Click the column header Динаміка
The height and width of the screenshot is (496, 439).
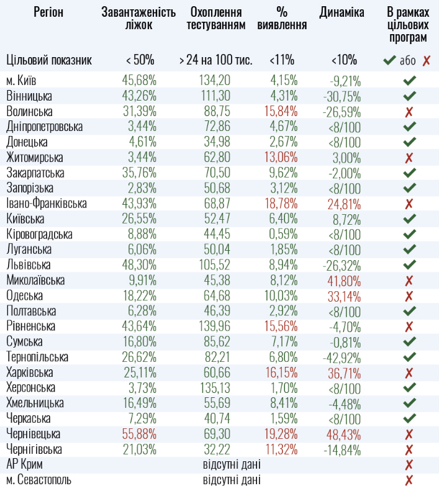[342, 13]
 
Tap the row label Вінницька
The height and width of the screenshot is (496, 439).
[29, 96]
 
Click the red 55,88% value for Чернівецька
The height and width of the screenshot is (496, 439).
[139, 434]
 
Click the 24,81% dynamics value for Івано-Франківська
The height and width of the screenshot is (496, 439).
[342, 204]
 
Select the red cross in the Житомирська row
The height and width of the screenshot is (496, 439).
[409, 158]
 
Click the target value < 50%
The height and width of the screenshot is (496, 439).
[140, 60]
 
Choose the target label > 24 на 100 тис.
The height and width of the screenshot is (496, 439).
[215, 60]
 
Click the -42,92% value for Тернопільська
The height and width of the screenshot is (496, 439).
[342, 357]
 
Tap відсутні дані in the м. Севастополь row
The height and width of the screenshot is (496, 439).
[232, 480]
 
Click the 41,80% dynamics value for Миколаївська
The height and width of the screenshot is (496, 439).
[342, 281]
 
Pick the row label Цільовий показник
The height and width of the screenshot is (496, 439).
[49, 60]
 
